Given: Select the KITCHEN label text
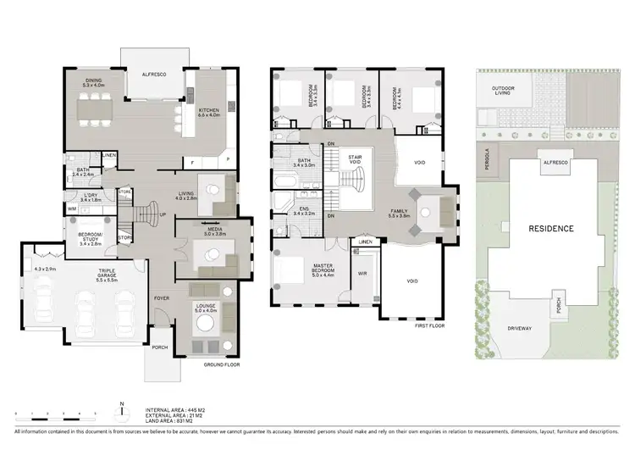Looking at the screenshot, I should [210, 112].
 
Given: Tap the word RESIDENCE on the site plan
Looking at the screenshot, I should [551, 229].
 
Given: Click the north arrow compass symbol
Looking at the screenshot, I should [123, 410].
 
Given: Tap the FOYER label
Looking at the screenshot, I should [161, 298].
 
